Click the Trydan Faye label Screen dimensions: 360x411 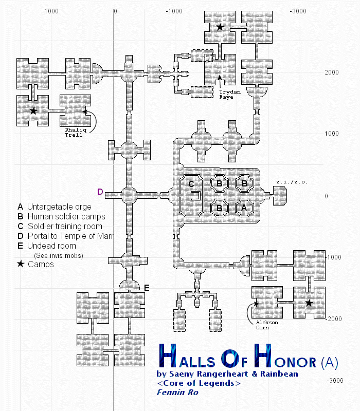click(x=230, y=95)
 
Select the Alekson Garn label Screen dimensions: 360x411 click(x=267, y=325)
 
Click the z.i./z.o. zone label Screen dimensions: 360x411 click(x=292, y=182)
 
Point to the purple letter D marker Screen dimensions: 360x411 click(x=100, y=192)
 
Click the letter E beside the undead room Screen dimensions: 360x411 click(x=147, y=288)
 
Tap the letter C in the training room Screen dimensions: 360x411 click(x=191, y=184)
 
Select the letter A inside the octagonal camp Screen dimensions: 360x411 click(x=244, y=208)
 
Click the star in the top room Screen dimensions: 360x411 click(x=220, y=27)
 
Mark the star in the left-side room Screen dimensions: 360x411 click(x=33, y=110)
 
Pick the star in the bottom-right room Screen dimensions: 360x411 click(x=309, y=303)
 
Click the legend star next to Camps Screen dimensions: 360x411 click(x=21, y=264)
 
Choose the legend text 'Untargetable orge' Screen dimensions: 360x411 click(x=59, y=207)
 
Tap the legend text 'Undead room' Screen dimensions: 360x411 click(x=52, y=246)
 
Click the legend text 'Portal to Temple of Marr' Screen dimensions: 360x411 click(x=70, y=236)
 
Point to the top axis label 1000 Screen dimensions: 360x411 click(x=51, y=11)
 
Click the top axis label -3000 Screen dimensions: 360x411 click(x=298, y=11)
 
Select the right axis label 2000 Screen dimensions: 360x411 click(x=332, y=72)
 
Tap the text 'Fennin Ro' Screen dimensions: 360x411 click(x=177, y=393)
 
